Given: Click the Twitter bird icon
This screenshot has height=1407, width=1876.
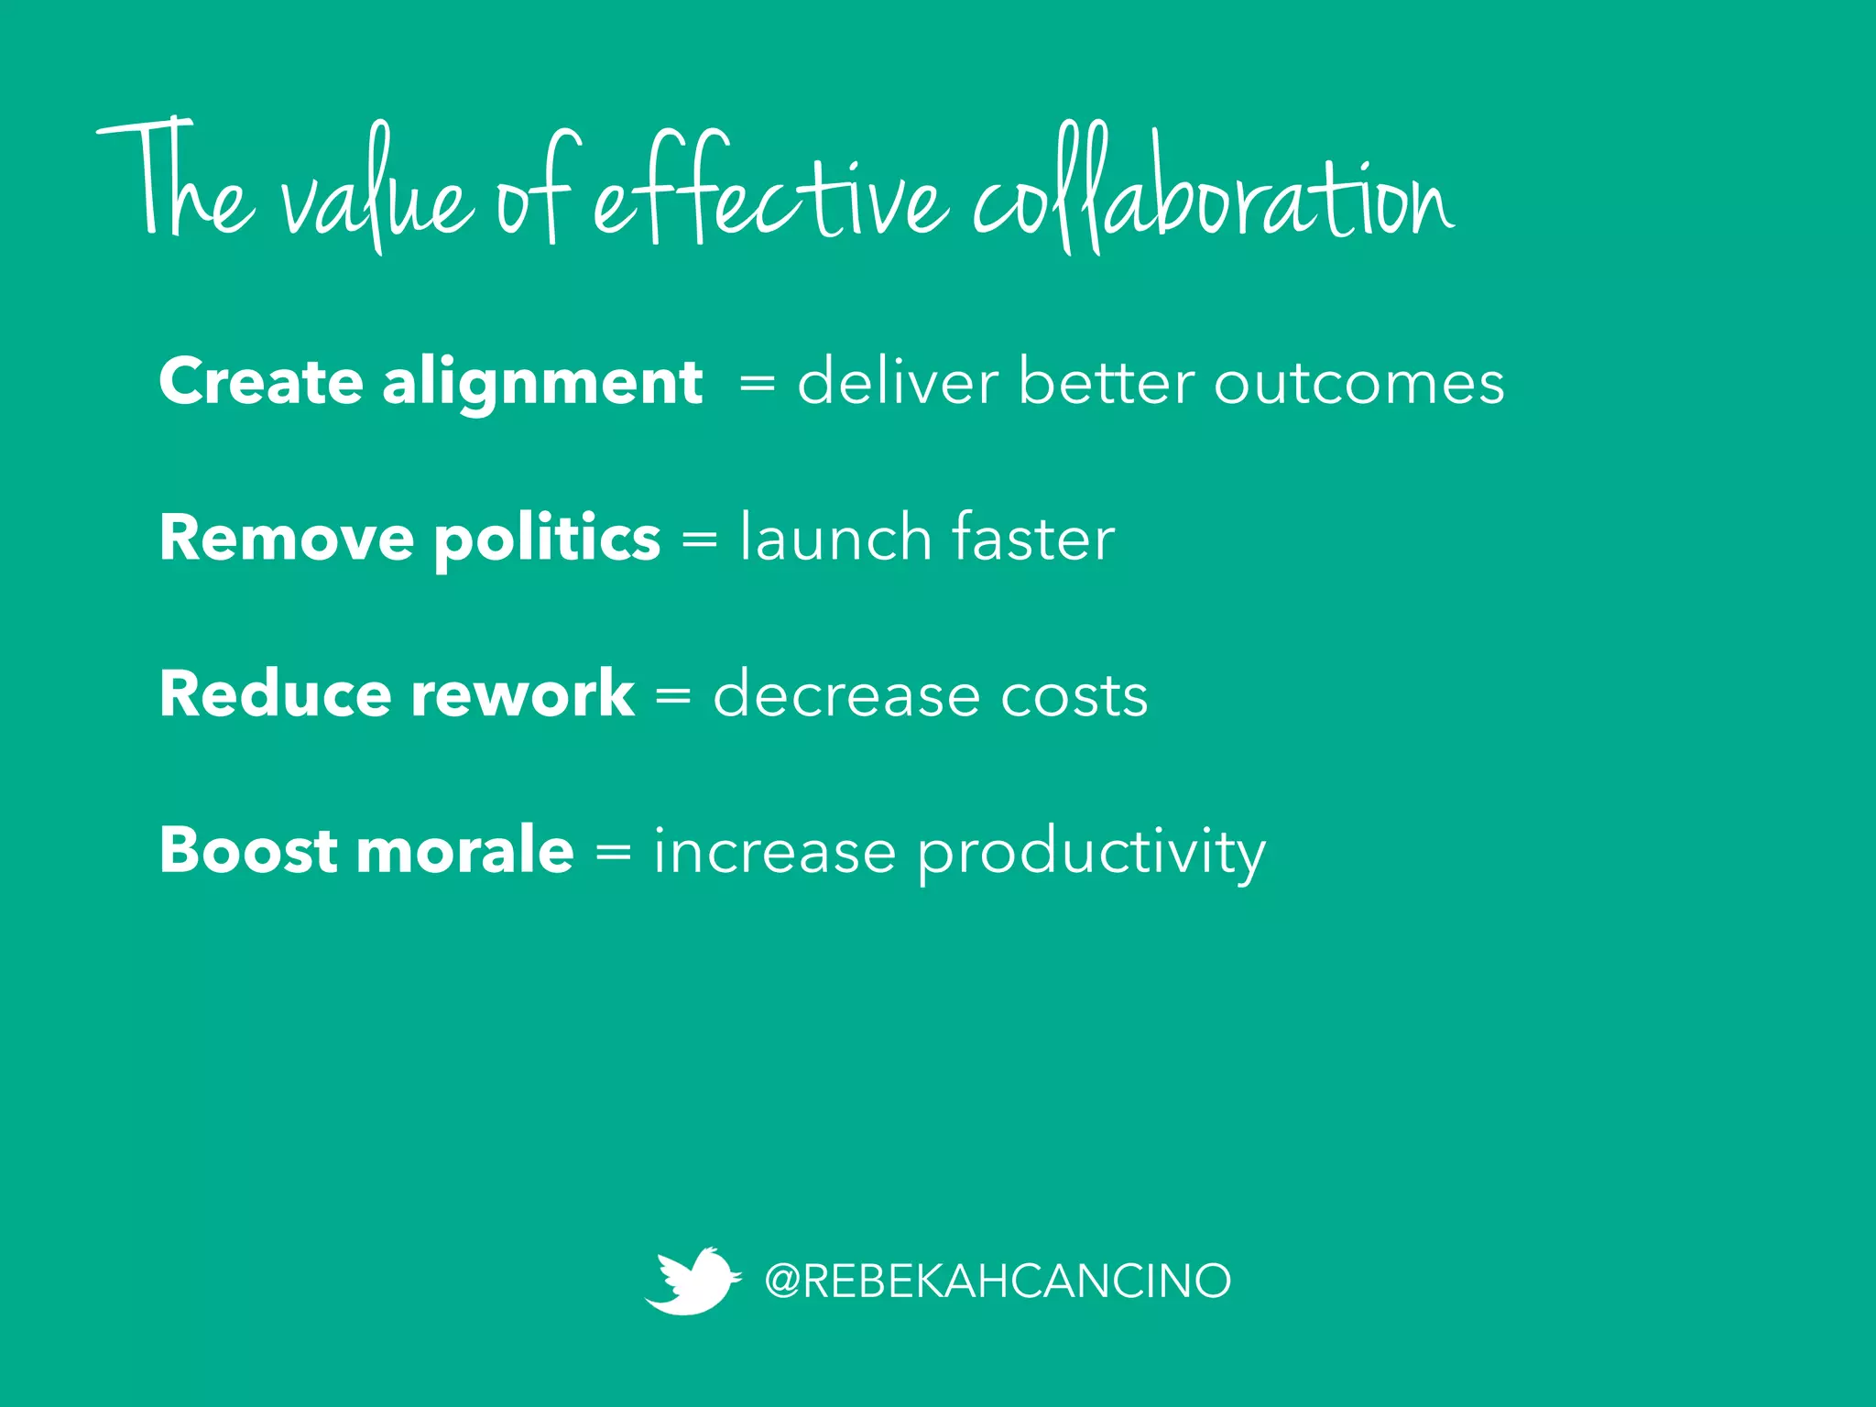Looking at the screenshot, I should pyautogui.click(x=692, y=1280).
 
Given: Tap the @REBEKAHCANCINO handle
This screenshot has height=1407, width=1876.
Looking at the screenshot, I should pyautogui.click(x=997, y=1280).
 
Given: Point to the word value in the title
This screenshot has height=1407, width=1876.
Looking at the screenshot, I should pyautogui.click(x=376, y=197).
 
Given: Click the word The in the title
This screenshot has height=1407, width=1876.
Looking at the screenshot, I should pyautogui.click(x=174, y=183).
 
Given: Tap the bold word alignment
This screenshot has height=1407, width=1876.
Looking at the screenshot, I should pyautogui.click(x=542, y=383).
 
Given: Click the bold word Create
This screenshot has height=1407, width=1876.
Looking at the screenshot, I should pyautogui.click(x=260, y=381).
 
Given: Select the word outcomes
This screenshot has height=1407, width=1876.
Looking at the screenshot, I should pyautogui.click(x=1358, y=383).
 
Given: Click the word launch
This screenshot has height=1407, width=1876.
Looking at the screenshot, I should pyautogui.click(x=835, y=537).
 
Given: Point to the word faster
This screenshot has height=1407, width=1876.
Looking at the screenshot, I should pyautogui.click(x=1033, y=537).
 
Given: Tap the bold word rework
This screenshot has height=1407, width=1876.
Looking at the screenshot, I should pyautogui.click(x=522, y=693).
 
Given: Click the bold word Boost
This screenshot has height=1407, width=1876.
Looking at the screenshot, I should pyautogui.click(x=248, y=850).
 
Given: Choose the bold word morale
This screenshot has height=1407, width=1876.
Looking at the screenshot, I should pyautogui.click(x=464, y=850).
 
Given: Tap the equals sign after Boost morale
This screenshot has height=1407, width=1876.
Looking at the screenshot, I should pyautogui.click(x=613, y=853).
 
